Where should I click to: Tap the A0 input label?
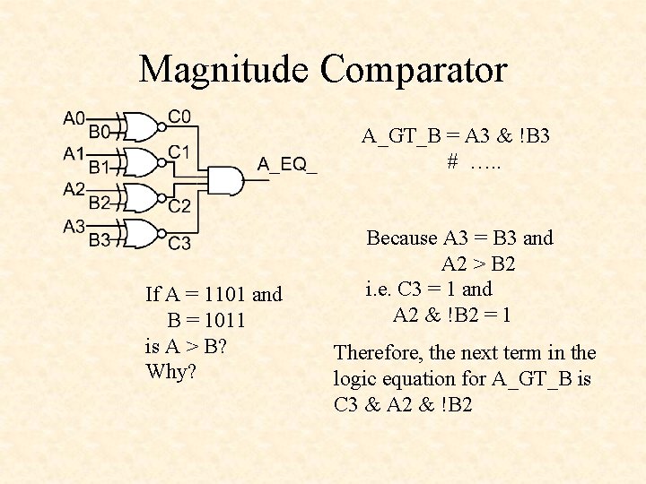tap(74, 118)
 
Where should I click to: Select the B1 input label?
tap(99, 167)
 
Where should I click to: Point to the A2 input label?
tap(74, 189)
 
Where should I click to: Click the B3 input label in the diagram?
tap(99, 239)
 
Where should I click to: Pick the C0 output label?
tap(179, 116)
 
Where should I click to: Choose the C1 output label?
tap(179, 151)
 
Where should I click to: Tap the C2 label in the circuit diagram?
tap(179, 206)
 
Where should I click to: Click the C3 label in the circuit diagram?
tap(179, 243)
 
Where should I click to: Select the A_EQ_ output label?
tap(287, 163)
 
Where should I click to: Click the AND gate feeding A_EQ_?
tap(227, 180)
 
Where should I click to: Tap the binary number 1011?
tap(224, 320)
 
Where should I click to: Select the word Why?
tap(170, 371)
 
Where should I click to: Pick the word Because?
tap(402, 238)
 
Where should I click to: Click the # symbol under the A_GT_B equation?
tap(453, 162)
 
